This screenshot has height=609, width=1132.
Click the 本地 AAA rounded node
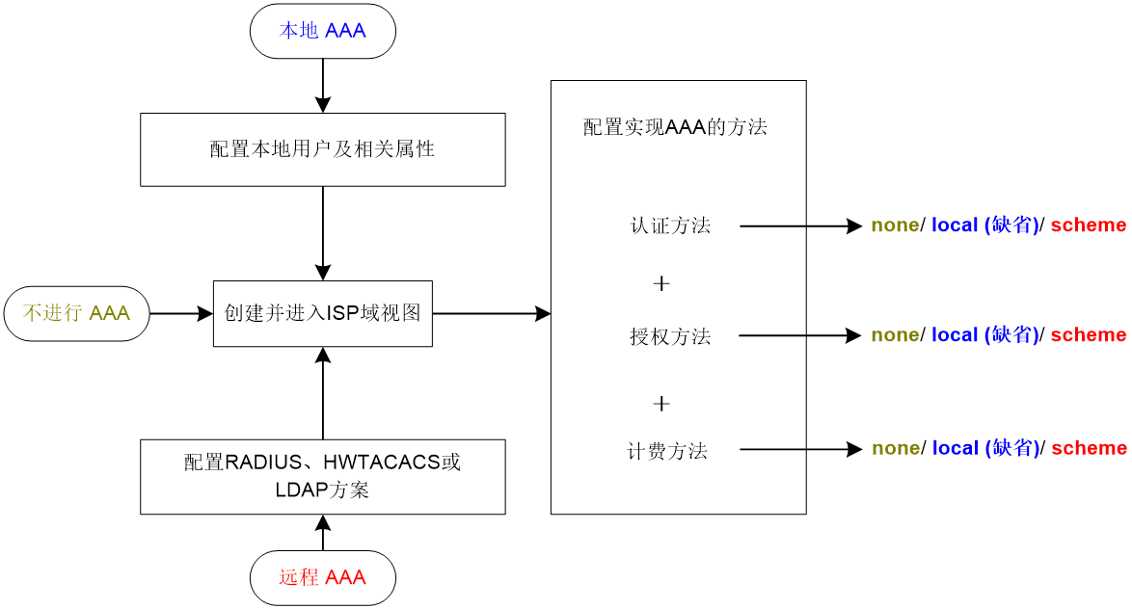(x=323, y=31)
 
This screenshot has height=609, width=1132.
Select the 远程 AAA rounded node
(x=323, y=578)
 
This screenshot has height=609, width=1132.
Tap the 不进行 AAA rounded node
(x=76, y=313)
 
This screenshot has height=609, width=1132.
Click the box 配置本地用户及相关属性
(x=323, y=149)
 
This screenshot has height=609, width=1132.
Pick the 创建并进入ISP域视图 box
(x=323, y=313)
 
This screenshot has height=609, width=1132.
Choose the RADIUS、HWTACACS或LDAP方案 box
(x=323, y=476)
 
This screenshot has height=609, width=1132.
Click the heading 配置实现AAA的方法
(x=675, y=127)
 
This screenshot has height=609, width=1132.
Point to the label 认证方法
(x=671, y=225)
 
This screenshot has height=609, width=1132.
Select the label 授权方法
(x=671, y=336)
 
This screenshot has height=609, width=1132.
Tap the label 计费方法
(x=668, y=451)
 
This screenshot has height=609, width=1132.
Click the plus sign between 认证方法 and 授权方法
(x=661, y=283)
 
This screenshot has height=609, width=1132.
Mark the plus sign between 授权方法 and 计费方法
(x=661, y=404)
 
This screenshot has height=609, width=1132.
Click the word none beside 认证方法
(x=895, y=225)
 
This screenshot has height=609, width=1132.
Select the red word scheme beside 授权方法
(x=1089, y=334)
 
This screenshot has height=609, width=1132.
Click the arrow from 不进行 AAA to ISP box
(x=181, y=313)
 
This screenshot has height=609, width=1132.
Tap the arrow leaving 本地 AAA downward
(x=323, y=85)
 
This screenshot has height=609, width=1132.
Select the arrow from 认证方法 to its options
(x=800, y=225)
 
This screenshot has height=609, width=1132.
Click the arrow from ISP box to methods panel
(x=492, y=313)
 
